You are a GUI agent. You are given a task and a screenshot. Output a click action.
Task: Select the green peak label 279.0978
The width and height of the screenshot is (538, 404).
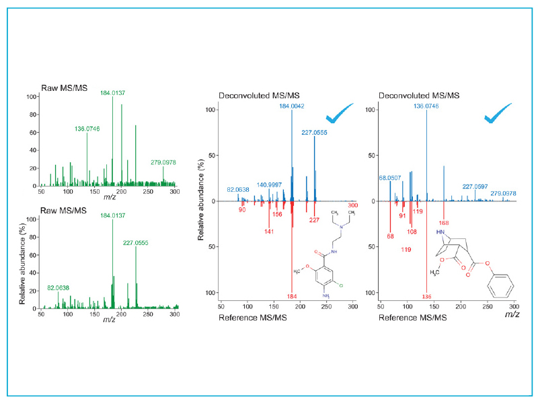point(163,161)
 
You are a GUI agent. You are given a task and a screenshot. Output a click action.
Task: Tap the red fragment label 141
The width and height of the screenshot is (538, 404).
point(269,231)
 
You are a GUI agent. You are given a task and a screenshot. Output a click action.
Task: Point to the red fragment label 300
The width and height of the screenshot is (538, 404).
point(353,214)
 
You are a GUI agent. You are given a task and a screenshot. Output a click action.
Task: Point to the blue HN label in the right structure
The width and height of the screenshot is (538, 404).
point(441,233)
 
